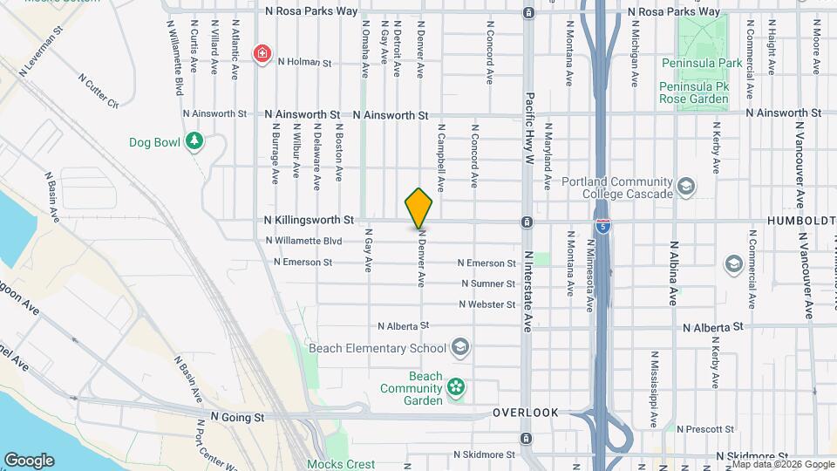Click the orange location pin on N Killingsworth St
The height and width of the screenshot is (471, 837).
[419, 208]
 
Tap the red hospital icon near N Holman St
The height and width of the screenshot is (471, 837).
[261, 54]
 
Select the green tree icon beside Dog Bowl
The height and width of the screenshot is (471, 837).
[194, 141]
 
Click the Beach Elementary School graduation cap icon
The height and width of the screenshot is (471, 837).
[460, 348]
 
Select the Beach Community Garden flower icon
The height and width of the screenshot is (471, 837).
[454, 386]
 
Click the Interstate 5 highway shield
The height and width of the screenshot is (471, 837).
[603, 226]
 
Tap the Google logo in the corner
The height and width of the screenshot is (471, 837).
[29, 460]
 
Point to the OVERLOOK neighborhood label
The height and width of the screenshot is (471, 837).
[524, 413]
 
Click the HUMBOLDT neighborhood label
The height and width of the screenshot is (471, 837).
[801, 222]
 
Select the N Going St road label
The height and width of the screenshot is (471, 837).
[237, 419]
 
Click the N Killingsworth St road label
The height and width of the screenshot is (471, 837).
[309, 221]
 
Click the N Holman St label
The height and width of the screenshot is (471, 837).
[305, 63]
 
